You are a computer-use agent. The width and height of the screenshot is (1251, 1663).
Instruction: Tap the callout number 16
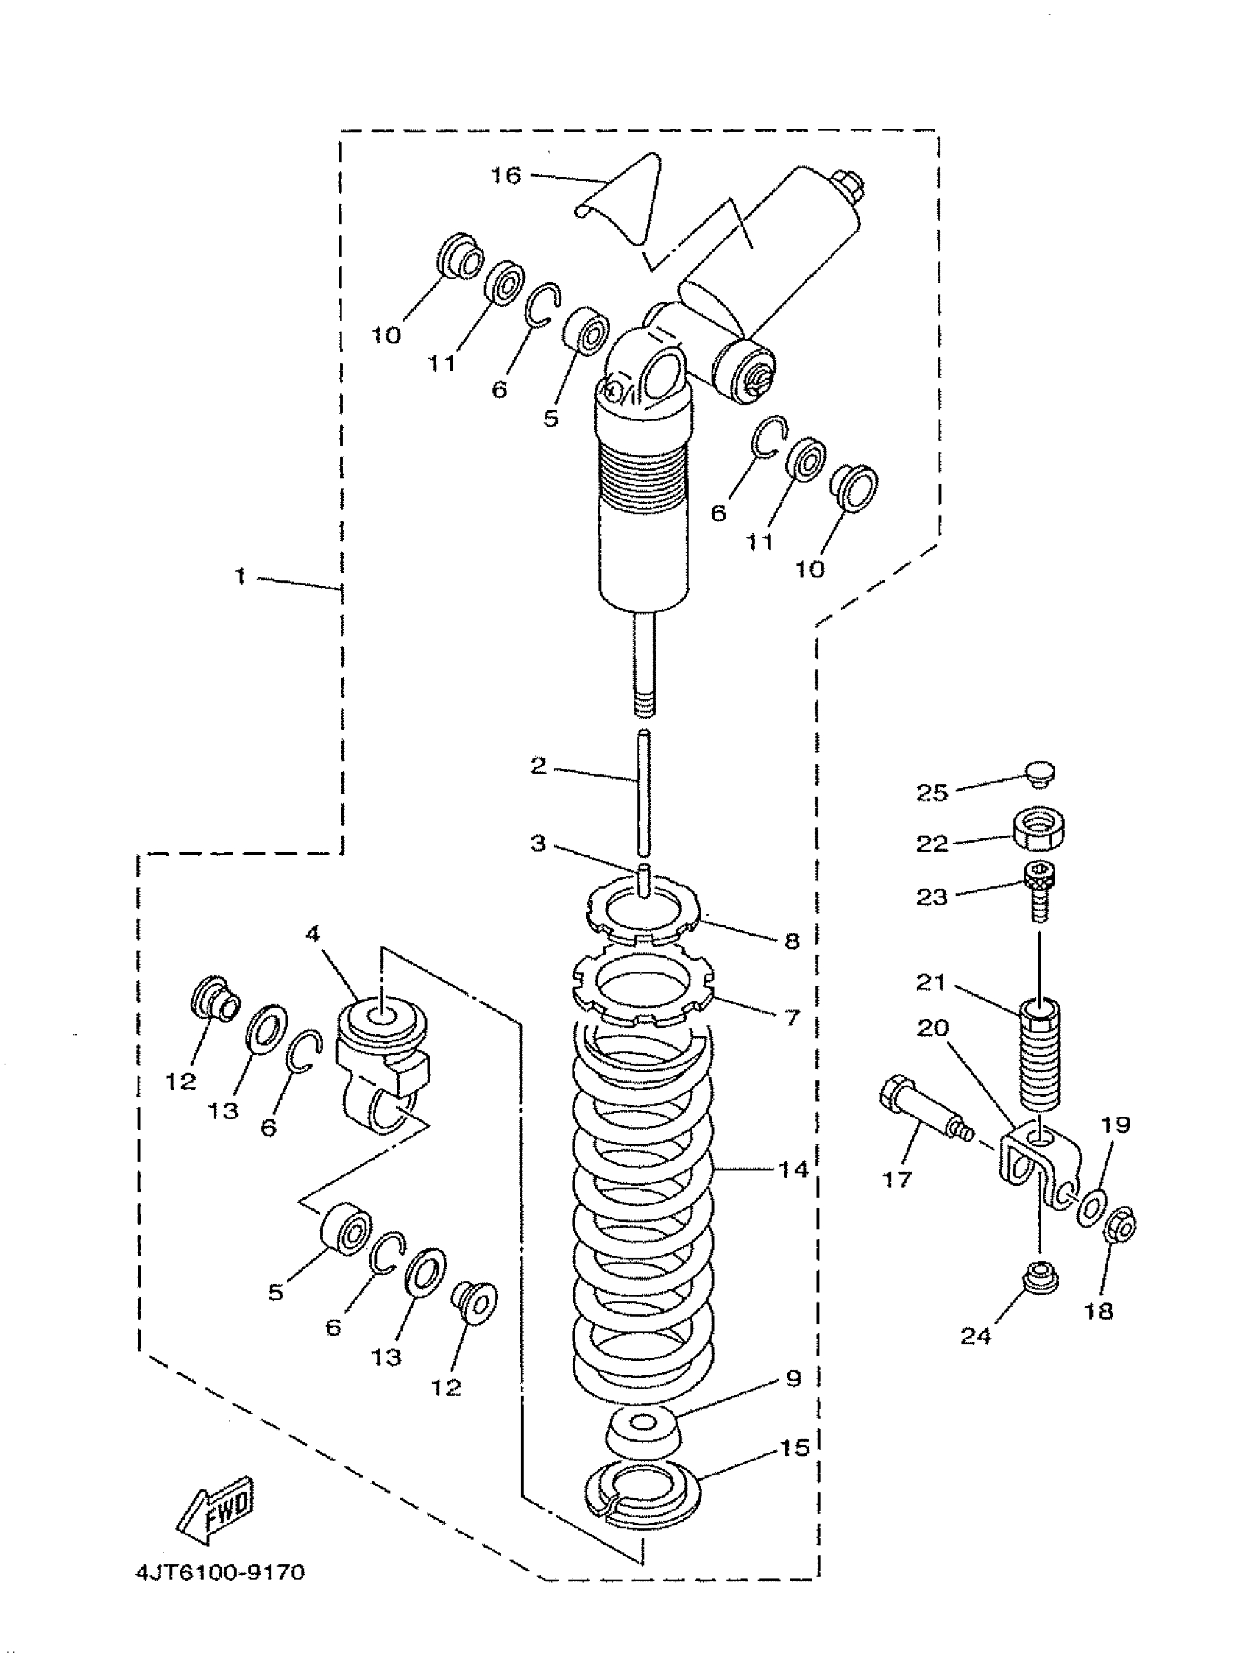coord(506,175)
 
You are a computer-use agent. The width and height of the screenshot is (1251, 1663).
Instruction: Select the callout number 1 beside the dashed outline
coord(240,577)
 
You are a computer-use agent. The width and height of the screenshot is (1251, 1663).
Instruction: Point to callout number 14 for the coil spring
coord(793,1169)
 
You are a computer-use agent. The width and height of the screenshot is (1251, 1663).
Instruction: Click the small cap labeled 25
coord(1041,775)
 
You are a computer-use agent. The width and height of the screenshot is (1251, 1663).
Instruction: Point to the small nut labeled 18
coord(1119,1224)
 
